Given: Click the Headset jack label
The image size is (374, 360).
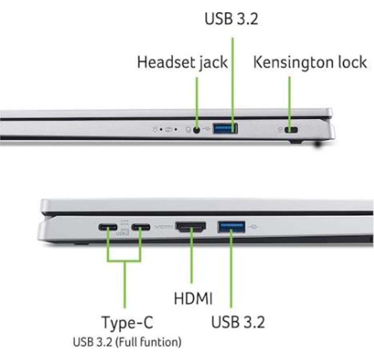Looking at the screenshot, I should (182, 62).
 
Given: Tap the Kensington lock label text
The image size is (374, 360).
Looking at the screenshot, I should (310, 62).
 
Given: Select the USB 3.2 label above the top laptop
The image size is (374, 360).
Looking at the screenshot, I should (231, 19).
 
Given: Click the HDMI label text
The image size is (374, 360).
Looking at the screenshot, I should (193, 298).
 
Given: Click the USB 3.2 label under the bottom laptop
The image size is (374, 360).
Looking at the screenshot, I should (238, 322).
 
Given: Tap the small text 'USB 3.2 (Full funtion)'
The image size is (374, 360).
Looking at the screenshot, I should (127, 342).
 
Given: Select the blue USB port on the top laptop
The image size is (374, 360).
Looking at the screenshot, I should (225, 129).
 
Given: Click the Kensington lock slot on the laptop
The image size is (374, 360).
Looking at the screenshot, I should (291, 130).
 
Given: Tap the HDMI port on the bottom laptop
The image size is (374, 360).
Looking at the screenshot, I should (191, 227).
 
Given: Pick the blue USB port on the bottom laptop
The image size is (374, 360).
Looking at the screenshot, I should (231, 227).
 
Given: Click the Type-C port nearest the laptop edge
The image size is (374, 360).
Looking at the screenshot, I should (108, 228).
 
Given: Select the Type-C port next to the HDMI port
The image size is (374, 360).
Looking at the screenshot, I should (141, 228).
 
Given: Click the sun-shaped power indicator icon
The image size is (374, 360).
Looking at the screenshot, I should (155, 129).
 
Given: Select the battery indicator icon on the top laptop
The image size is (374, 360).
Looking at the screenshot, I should (169, 129).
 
